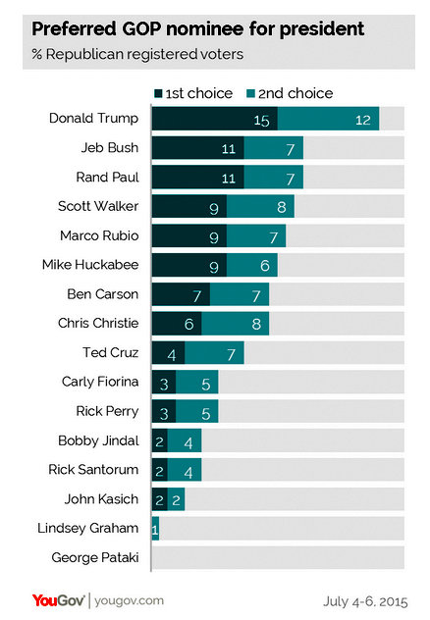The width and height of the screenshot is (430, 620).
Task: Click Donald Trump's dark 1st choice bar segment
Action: click(x=214, y=119)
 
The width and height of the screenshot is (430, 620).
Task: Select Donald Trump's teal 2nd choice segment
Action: click(x=328, y=119)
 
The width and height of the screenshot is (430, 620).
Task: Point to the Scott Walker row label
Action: click(x=98, y=206)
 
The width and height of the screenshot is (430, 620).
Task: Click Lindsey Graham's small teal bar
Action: click(x=155, y=529)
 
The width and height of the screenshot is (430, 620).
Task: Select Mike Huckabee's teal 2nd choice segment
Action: click(x=251, y=265)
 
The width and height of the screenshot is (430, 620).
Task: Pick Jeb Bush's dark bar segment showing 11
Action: click(x=197, y=148)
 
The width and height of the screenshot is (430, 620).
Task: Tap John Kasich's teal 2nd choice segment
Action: click(x=176, y=499)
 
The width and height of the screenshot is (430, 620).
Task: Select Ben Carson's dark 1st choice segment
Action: click(x=181, y=294)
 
